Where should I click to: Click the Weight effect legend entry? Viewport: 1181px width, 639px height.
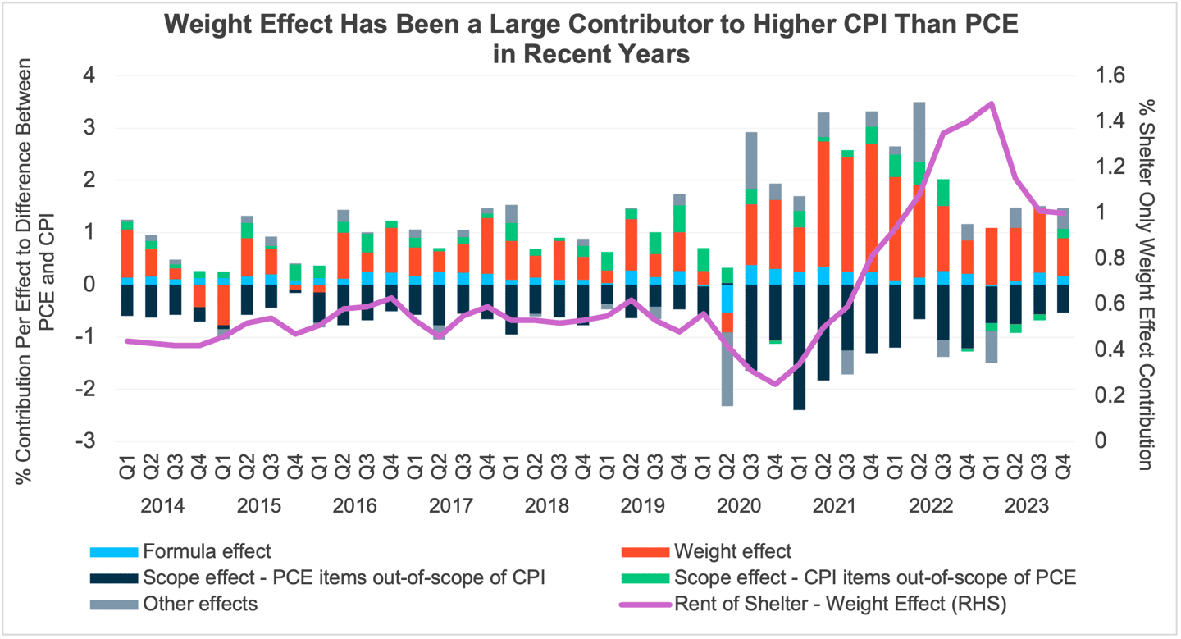pos(732,550)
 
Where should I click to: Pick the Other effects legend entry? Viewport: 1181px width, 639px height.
pos(199,605)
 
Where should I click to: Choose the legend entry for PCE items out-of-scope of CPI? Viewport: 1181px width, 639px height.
pos(344,577)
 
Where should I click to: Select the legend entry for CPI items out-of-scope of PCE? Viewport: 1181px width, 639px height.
pos(874,577)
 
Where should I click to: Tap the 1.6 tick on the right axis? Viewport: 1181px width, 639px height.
pos(1106,75)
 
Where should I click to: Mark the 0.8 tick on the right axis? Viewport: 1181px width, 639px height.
pos(1106,258)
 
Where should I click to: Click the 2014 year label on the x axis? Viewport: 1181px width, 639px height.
pos(162,504)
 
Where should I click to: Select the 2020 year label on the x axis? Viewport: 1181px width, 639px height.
pos(738,504)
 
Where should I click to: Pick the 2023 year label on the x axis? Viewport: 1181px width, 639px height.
pos(1027,504)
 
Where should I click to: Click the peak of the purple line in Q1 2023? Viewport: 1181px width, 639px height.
pos(992,103)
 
